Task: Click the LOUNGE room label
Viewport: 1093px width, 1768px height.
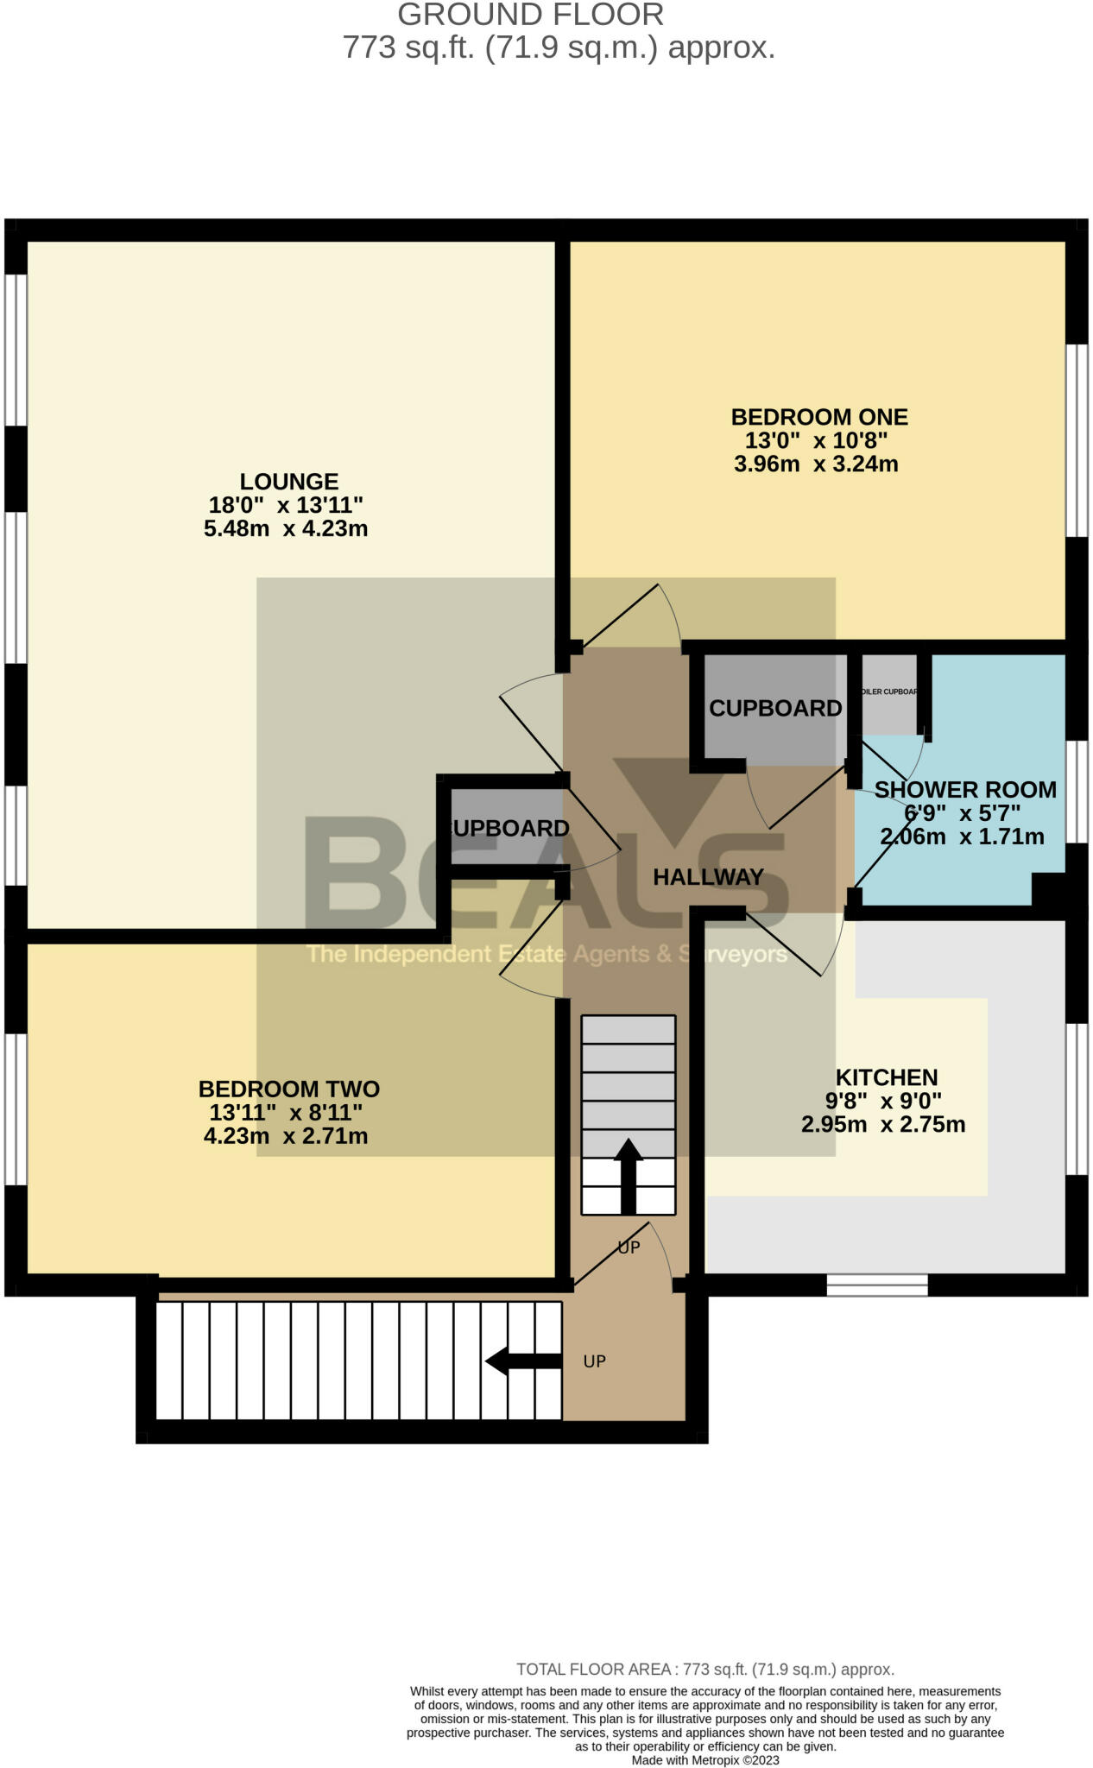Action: [288, 482]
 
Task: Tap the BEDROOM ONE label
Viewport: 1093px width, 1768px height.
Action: [818, 417]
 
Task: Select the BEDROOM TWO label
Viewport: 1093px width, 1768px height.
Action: [288, 1089]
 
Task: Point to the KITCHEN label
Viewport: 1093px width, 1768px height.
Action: [886, 1077]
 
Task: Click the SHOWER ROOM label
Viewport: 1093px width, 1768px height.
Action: [964, 790]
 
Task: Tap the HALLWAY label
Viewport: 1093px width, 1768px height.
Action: [708, 877]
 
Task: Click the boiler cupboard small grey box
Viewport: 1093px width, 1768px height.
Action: [889, 693]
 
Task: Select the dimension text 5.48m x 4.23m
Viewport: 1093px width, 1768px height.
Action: [286, 529]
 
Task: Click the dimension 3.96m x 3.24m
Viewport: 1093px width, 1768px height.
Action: [816, 464]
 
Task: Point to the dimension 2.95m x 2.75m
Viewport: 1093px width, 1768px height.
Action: [883, 1125]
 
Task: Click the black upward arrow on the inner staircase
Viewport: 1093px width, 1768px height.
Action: [628, 1174]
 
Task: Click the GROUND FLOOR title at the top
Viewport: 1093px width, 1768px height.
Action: [530, 15]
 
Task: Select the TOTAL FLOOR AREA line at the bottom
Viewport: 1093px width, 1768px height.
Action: [704, 1670]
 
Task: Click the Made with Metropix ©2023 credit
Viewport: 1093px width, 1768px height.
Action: [704, 1760]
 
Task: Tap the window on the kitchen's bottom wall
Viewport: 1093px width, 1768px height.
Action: [876, 1285]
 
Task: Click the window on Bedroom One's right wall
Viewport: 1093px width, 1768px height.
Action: [1076, 440]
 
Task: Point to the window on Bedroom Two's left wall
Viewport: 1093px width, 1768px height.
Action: [16, 1108]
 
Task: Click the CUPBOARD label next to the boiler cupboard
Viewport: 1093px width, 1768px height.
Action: [774, 709]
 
